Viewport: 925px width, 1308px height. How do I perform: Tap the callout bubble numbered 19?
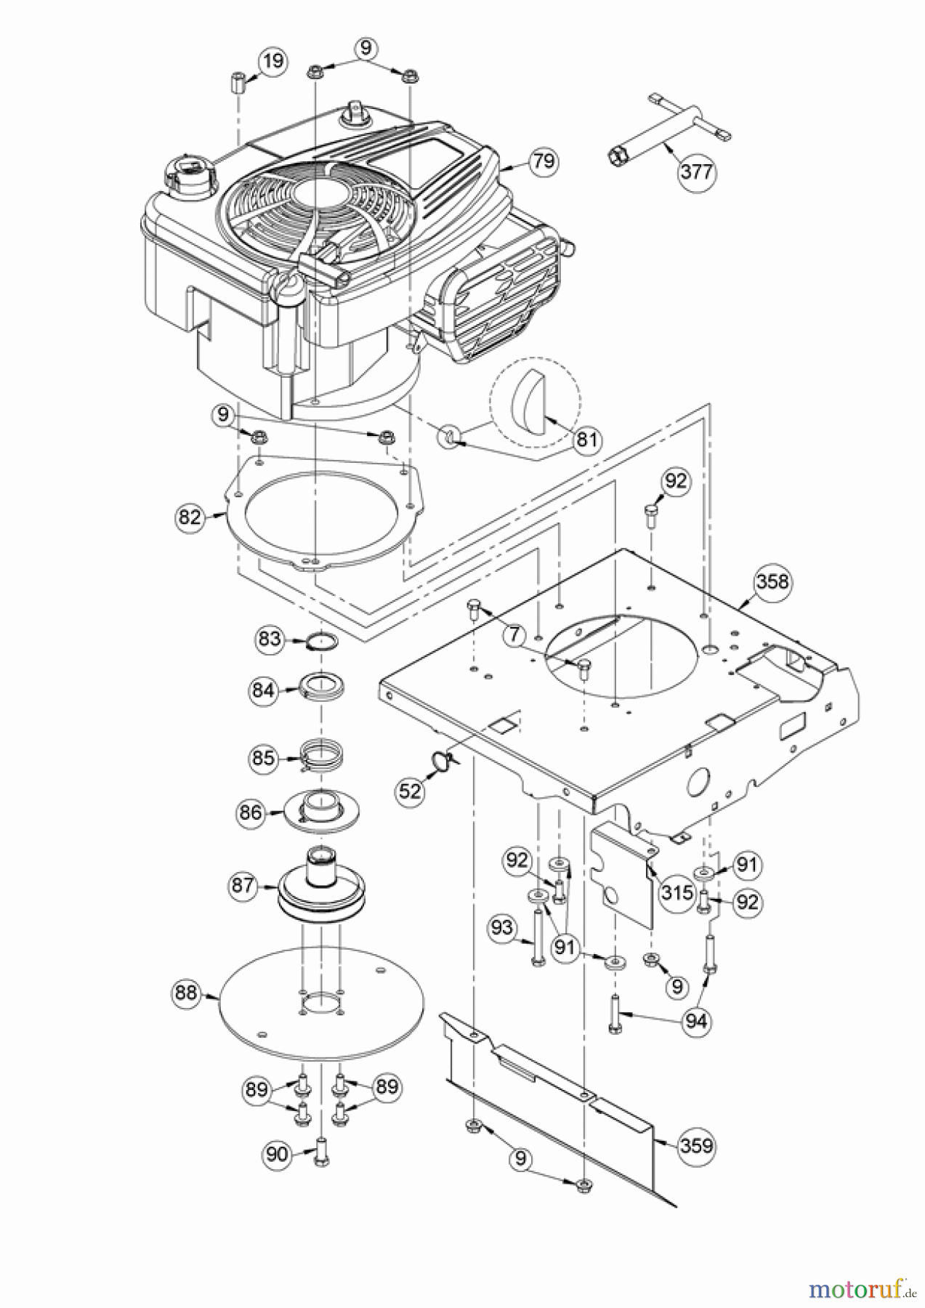pos(273,60)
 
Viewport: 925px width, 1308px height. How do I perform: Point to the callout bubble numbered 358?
pos(772,582)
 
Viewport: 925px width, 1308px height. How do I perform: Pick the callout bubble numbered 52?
pos(411,791)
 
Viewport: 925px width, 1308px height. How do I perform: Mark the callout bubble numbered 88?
pos(187,993)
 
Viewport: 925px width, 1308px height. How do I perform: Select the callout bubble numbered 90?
pos(277,1154)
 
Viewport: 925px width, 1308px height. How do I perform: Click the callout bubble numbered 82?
pos(189,517)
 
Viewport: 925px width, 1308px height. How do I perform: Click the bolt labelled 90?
pos(320,1155)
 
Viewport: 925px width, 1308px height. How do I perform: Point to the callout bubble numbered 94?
pos(696,1021)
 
